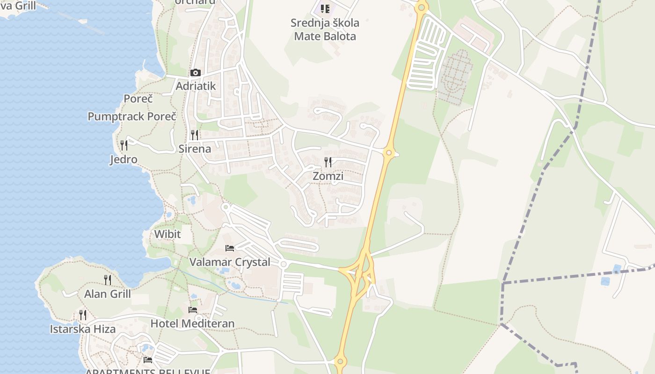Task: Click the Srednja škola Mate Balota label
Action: (x=325, y=29)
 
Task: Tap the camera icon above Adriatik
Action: (x=196, y=73)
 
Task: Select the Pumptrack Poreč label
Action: (x=132, y=116)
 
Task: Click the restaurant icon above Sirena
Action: (x=195, y=135)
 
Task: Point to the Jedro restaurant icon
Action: (x=124, y=145)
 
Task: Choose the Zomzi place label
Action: (x=328, y=176)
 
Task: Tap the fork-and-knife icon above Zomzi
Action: (x=328, y=162)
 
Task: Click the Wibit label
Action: (x=167, y=234)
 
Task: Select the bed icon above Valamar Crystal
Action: (x=230, y=248)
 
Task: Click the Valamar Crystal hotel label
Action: (x=230, y=262)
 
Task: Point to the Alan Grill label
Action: (x=108, y=294)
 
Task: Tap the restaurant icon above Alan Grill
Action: (x=108, y=280)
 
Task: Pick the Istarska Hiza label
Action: (x=83, y=329)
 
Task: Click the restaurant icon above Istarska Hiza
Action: (x=83, y=315)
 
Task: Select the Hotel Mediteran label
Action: (x=192, y=324)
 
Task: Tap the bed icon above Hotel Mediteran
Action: (x=192, y=309)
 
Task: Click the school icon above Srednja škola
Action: (x=325, y=8)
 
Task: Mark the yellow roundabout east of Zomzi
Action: (x=388, y=152)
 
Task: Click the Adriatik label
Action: (x=196, y=86)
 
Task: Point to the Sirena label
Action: (x=195, y=149)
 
